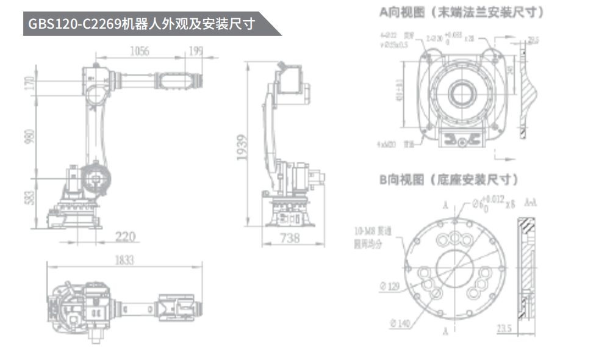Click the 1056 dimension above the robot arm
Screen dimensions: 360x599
[x=140, y=51]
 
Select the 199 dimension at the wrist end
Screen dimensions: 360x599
[x=195, y=51]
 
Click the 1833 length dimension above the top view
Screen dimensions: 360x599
[x=124, y=260]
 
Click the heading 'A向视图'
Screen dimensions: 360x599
[x=403, y=11]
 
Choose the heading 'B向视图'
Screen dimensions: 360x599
[x=403, y=180]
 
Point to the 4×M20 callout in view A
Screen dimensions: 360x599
[x=387, y=144]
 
